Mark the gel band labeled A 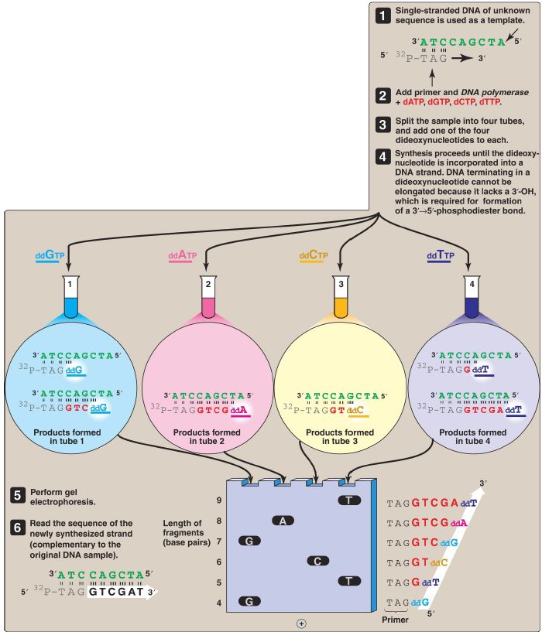(283, 521)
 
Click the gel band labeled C (317, 560)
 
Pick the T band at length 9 (350, 500)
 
